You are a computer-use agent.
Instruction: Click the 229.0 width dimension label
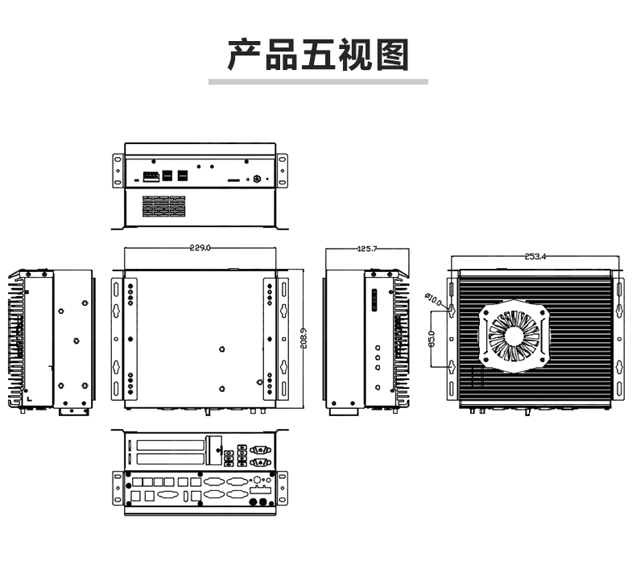tap(200, 247)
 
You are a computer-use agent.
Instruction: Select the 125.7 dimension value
tap(367, 248)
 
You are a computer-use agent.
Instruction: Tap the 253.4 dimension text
tap(535, 257)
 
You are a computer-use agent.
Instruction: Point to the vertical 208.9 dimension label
tap(304, 338)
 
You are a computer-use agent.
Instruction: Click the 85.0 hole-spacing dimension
tap(432, 339)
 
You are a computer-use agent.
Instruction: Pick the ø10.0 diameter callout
tap(433, 299)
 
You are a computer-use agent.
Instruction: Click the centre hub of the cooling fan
tap(514, 335)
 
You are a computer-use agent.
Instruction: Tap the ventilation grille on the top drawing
tap(164, 206)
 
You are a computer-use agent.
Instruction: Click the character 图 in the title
tap(392, 55)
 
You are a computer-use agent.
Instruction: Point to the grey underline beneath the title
tap(319, 81)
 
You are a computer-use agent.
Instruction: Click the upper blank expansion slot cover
tap(171, 445)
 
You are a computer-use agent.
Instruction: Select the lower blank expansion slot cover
tap(171, 460)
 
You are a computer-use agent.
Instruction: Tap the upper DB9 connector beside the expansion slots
tap(260, 449)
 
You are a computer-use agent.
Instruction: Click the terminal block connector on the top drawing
tap(151, 176)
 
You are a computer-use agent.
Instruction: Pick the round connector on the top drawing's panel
tap(257, 179)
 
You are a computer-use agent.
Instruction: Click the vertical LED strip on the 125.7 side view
tap(374, 300)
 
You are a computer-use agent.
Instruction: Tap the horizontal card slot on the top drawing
tap(233, 179)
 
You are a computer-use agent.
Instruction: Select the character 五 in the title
tap(317, 55)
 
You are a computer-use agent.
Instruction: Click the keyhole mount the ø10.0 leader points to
tap(452, 311)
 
